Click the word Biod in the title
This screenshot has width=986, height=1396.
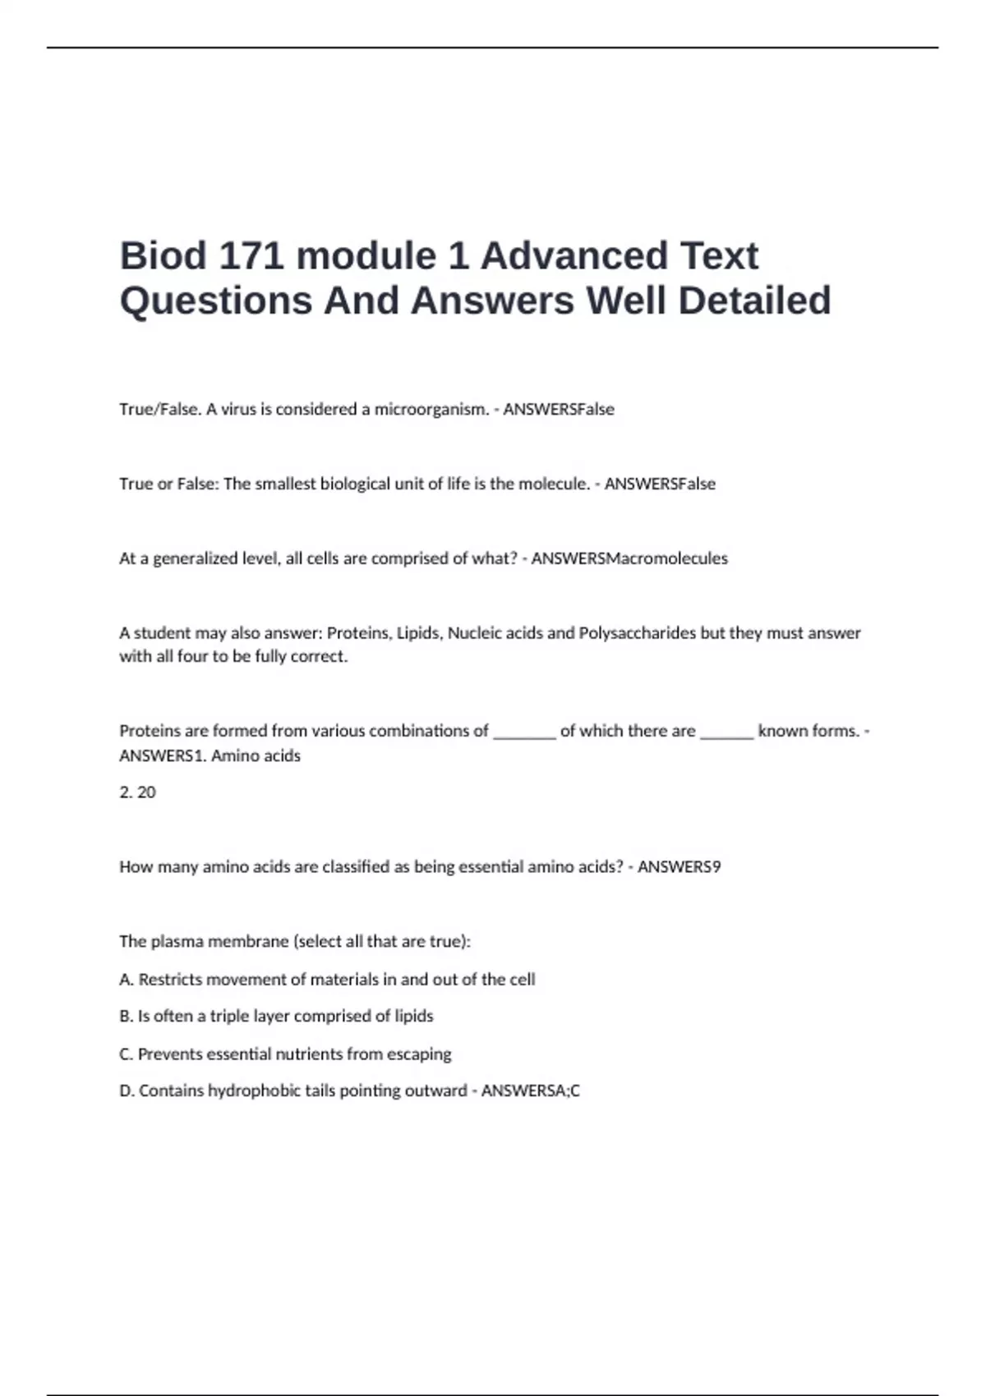pyautogui.click(x=163, y=255)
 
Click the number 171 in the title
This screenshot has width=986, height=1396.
pyautogui.click(x=251, y=255)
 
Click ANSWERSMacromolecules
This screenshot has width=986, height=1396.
pyautogui.click(x=629, y=558)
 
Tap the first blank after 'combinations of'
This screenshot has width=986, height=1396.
pyautogui.click(x=524, y=732)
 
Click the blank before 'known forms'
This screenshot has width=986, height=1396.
pyautogui.click(x=726, y=732)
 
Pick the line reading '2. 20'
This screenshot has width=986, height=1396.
pyautogui.click(x=137, y=792)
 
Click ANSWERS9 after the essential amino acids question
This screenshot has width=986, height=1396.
pyautogui.click(x=679, y=867)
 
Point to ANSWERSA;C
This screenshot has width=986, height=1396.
pyautogui.click(x=530, y=1091)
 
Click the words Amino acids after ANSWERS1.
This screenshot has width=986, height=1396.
pyautogui.click(x=256, y=755)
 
